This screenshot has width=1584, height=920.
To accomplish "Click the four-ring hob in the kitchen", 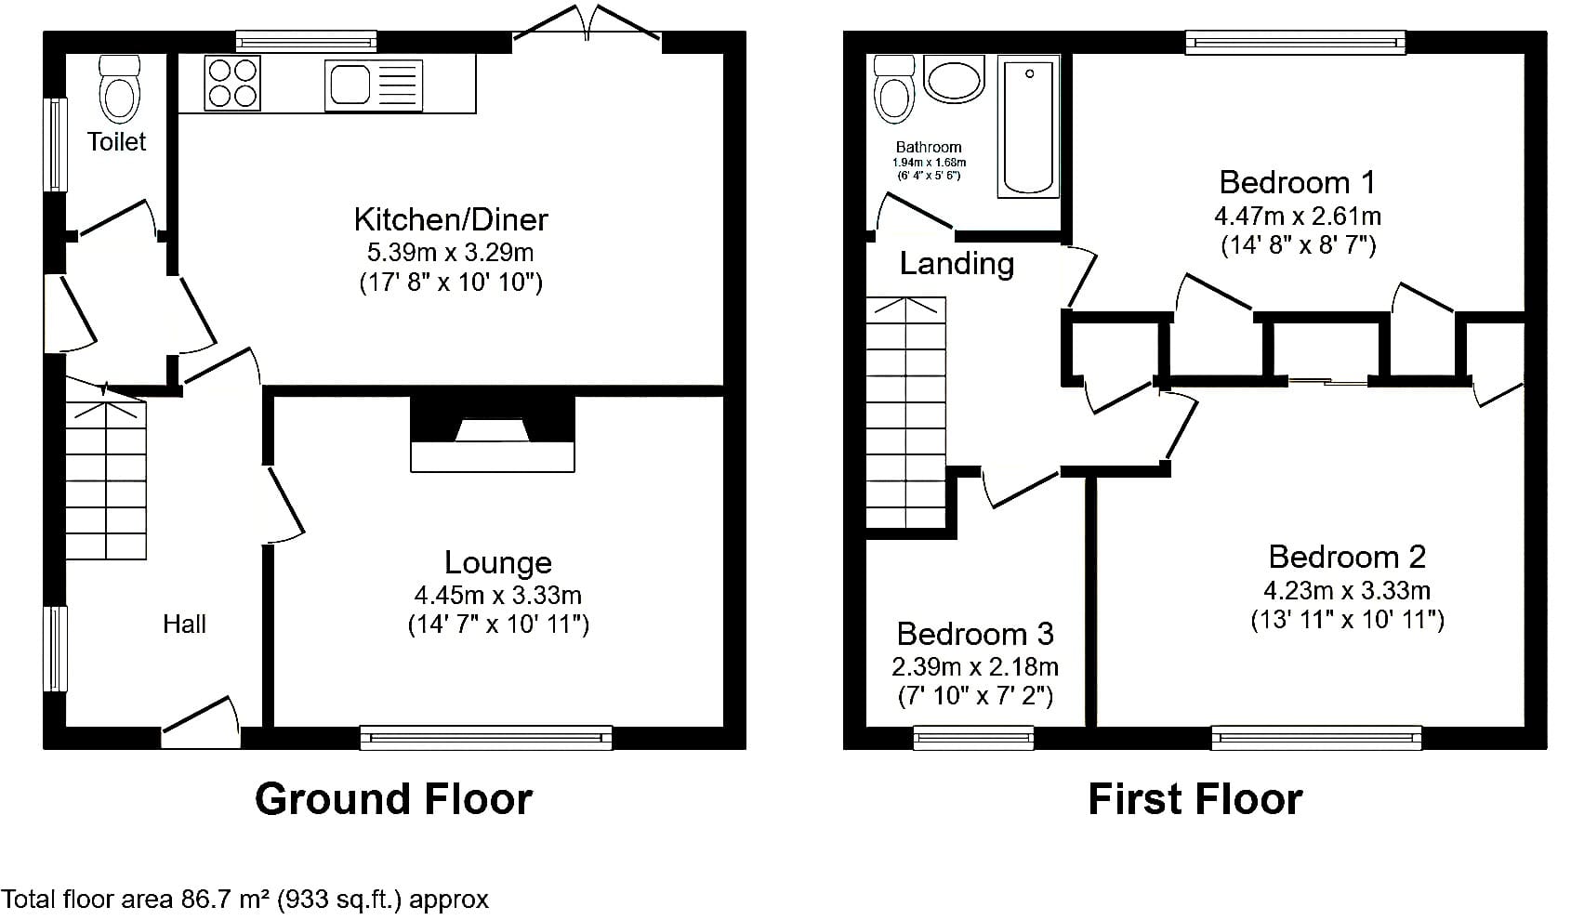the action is point(232,84).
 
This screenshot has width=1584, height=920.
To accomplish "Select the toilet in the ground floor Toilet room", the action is point(120,90).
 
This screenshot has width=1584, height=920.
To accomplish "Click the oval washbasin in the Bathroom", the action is point(954,79).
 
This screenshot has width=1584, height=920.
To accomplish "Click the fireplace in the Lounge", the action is point(493,434).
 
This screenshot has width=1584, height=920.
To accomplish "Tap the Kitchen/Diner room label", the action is point(451,219).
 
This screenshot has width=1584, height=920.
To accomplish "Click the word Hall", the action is point(185,624).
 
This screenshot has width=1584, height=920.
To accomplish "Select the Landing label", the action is point(957,264).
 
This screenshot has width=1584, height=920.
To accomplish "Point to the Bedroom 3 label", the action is point(975,634).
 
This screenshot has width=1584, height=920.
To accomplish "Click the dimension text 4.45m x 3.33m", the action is point(498,596).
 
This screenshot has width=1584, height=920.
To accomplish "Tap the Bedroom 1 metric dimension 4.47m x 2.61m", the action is point(1298,216).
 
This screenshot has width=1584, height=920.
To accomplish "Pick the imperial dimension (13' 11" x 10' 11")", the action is point(1347,620).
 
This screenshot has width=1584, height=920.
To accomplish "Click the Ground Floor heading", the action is point(394,799).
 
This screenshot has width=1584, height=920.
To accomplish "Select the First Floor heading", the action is point(1195,799).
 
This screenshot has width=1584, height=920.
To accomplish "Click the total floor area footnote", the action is point(244,900).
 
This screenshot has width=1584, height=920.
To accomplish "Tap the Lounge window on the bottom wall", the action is point(486,738).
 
